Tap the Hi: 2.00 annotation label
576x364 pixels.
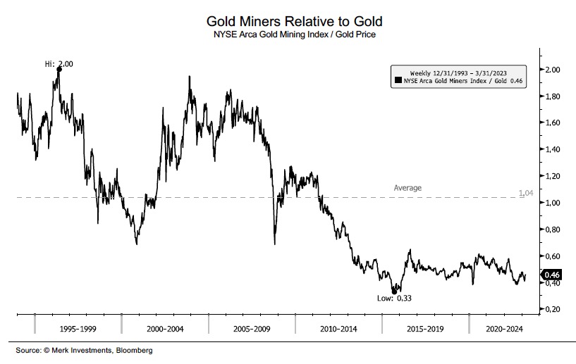point(59,64)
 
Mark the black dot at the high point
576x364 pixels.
point(59,69)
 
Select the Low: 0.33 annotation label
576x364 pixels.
point(395,299)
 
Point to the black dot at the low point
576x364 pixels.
point(395,291)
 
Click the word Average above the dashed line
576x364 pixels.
point(408,188)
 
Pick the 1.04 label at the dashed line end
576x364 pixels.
point(525,192)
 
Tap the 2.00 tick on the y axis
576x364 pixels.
point(553,70)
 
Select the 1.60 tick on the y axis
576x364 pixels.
point(553,123)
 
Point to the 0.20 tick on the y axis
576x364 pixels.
point(553,309)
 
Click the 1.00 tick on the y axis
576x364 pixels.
point(553,203)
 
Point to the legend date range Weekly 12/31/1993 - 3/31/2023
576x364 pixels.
point(460,73)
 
